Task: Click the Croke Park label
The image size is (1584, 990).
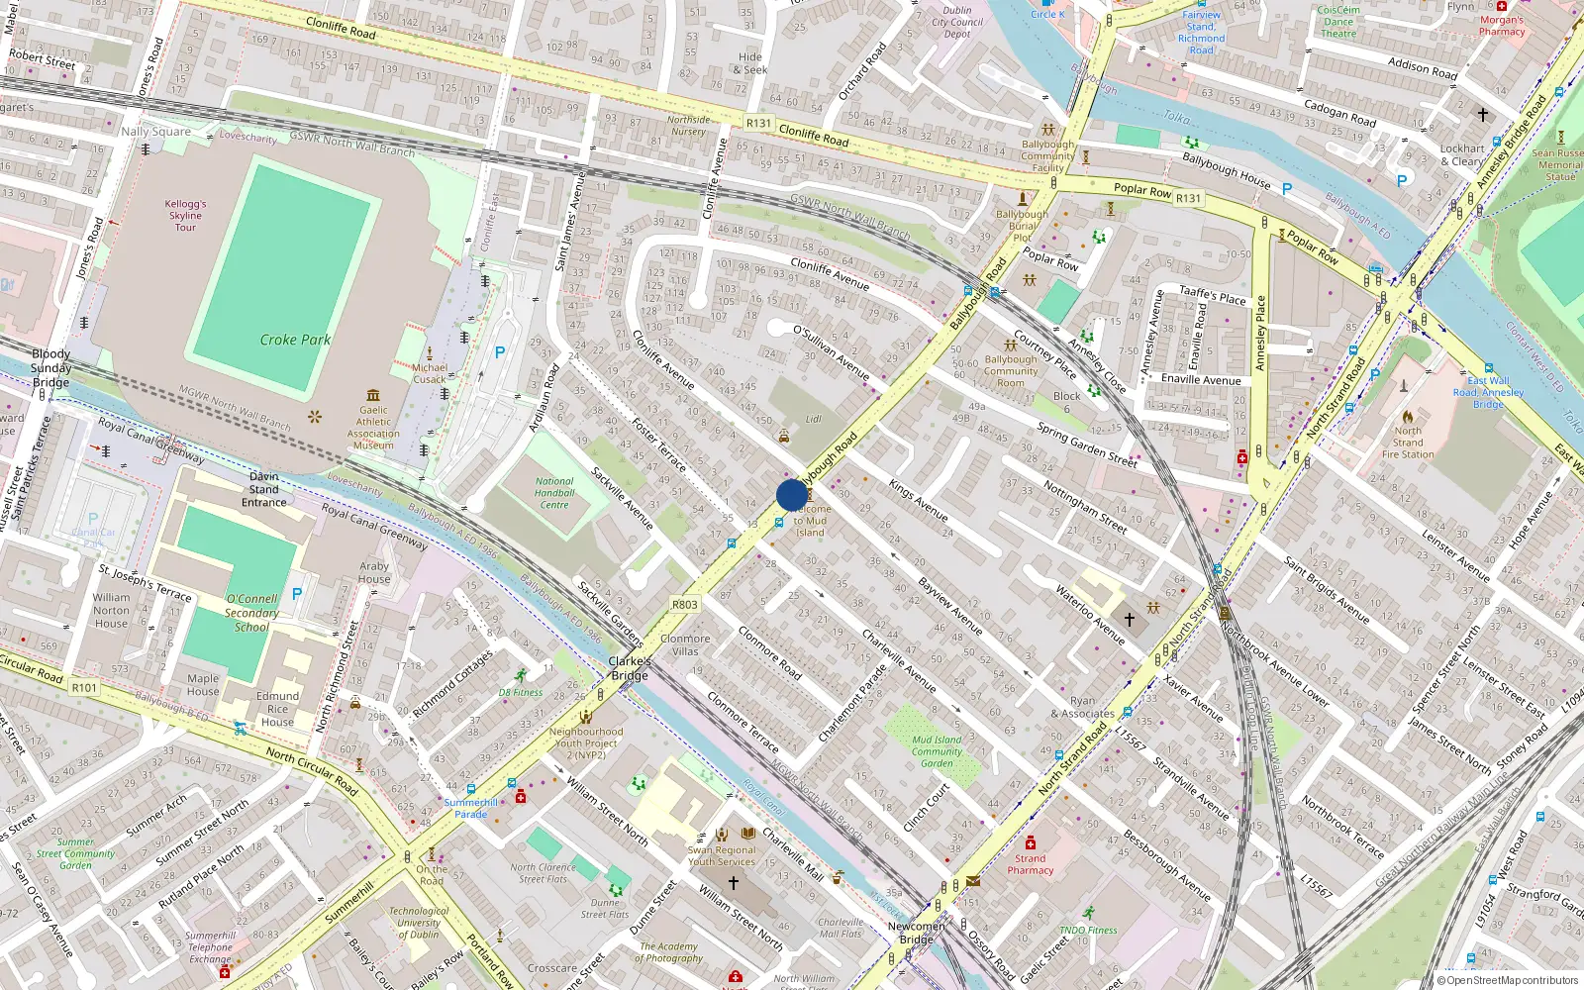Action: pos(295,340)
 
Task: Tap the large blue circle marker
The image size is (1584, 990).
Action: pos(792,495)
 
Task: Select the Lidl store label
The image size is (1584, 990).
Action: pos(813,419)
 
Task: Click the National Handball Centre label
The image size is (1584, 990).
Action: pos(554,493)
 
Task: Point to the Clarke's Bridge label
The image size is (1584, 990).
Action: pos(630,668)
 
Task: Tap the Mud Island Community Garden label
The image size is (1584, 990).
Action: pos(937,751)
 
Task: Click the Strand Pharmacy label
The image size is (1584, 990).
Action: pos(1031,864)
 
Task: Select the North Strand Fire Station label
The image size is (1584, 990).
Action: pos(1408,443)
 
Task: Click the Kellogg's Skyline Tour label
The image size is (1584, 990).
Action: pos(185,215)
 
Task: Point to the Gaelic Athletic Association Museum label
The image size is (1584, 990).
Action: pos(373,428)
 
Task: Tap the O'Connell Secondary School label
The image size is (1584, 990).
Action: pos(251,613)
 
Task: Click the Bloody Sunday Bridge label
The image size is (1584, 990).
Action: pos(51,367)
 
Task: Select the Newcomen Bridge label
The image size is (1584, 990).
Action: pos(917,933)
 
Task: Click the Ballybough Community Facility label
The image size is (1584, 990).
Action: pos(1047,156)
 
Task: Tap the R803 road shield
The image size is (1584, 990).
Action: pos(684,604)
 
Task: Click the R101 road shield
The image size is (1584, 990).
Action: pos(84,687)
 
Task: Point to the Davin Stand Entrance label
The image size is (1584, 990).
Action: pos(264,489)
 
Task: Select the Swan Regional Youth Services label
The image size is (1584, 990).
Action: pos(722,855)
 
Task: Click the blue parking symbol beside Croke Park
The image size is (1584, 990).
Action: pos(500,352)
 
